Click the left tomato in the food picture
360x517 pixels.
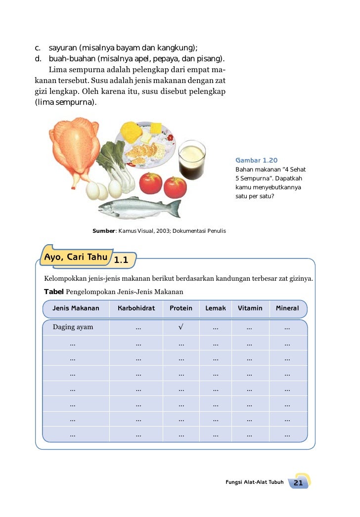coord(151,183)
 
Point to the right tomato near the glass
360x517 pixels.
coord(175,187)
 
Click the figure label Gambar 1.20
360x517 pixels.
coord(256,161)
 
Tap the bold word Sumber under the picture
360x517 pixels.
coord(103,231)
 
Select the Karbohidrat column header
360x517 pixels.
coord(136,308)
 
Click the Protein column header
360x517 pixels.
coord(181,308)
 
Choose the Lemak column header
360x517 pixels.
coord(216,308)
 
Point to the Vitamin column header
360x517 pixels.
coord(250,308)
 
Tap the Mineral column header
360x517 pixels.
coord(287,308)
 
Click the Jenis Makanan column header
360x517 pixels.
coord(76,308)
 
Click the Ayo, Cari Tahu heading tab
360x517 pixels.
coord(76,257)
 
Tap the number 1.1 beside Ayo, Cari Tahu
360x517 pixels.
coord(121,260)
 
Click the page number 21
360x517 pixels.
coord(298,482)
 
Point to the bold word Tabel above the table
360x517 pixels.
coord(54,292)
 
